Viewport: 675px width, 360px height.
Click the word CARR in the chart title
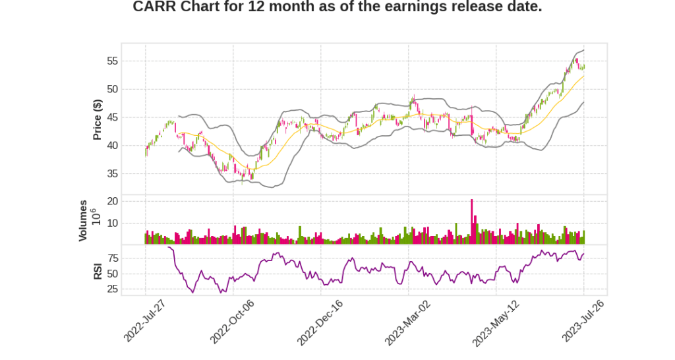pos(154,7)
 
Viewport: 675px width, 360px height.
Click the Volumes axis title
pos(83,220)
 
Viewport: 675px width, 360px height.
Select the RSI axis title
pos(98,271)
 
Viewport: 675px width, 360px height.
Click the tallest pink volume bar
pos(472,222)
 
